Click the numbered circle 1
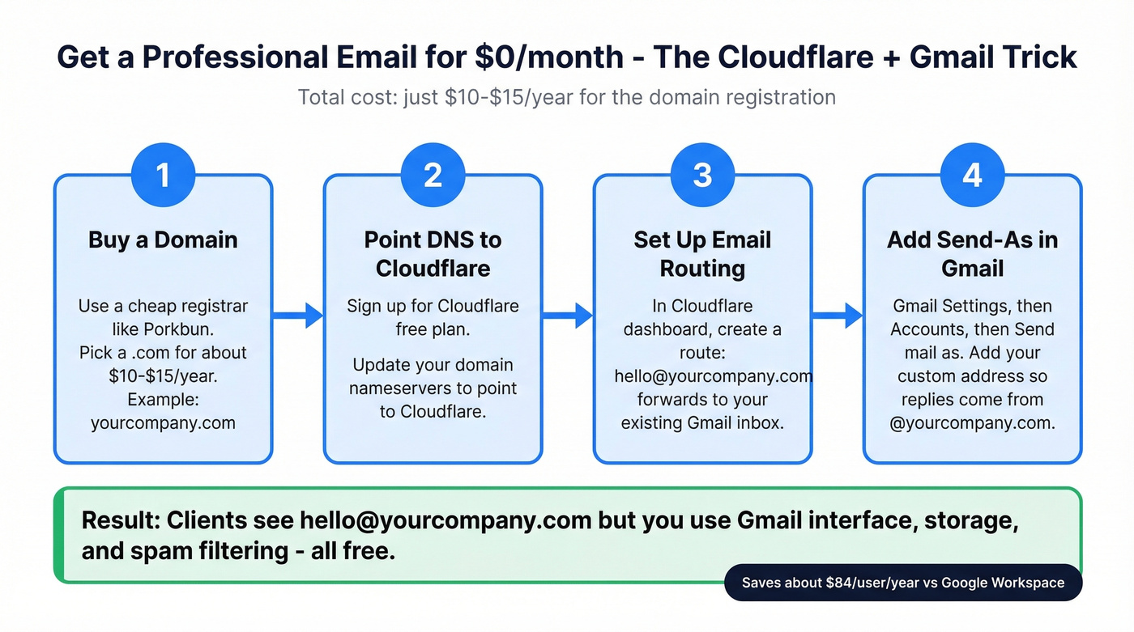(163, 175)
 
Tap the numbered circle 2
(433, 175)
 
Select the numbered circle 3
(702, 175)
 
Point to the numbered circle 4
(972, 175)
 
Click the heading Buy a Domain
(163, 240)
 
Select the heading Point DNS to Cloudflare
(433, 253)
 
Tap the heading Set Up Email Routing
(702, 253)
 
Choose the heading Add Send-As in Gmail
(972, 253)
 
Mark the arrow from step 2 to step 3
(568, 316)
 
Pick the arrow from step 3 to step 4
(838, 316)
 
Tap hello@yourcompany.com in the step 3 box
(713, 376)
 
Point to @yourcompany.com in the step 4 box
(972, 422)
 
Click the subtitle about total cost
(566, 98)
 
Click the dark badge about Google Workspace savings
(902, 583)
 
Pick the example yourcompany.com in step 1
(163, 422)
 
